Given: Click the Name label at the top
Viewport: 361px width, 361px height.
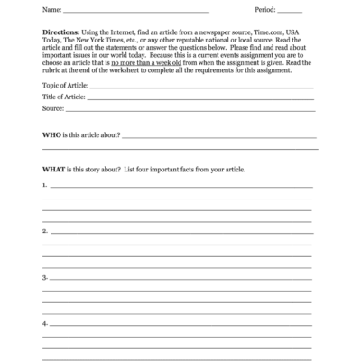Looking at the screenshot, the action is pos(51,10).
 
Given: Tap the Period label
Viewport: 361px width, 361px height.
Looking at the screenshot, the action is pos(267,10).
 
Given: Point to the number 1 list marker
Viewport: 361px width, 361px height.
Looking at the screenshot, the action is pos(44,185).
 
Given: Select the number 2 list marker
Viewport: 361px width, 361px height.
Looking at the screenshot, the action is pos(44,231).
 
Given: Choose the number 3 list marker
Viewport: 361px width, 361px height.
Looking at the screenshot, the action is pos(44,277).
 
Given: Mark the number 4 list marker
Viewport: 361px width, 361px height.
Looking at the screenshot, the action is pos(44,322).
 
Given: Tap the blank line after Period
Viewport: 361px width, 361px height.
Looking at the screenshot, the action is pos(291,12).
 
